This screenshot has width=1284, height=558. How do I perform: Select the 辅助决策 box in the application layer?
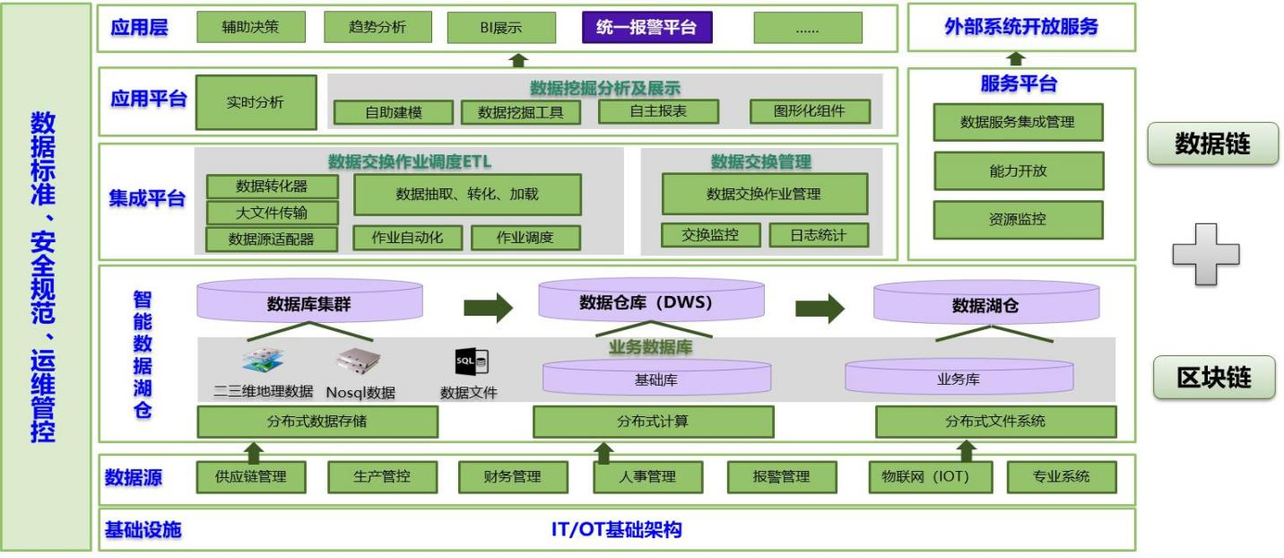pos(250,27)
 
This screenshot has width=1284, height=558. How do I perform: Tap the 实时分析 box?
pos(256,102)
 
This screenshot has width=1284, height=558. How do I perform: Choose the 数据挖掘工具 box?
pos(521,112)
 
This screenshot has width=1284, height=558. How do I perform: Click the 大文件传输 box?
pos(273,213)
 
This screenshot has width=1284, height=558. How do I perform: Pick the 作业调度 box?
pos(525,238)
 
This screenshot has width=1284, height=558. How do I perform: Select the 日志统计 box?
pos(818,235)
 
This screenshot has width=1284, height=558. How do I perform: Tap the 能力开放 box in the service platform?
pos(1018,170)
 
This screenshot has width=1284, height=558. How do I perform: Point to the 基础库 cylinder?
pos(656,379)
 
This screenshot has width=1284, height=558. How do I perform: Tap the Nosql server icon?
pos(360,361)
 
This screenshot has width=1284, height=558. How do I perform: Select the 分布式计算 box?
pos(653,421)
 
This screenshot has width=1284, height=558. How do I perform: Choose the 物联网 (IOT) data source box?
pos(931,476)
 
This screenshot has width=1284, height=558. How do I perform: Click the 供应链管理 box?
pos(252,476)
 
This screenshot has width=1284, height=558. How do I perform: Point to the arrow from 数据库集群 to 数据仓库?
pos(488,308)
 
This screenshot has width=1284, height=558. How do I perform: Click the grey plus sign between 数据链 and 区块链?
pos(1205,255)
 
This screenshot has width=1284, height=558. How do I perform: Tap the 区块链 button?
pos(1213,378)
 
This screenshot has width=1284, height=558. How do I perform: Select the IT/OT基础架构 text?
pos(616,529)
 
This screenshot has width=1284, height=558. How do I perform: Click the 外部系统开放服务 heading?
pos(1020,27)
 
